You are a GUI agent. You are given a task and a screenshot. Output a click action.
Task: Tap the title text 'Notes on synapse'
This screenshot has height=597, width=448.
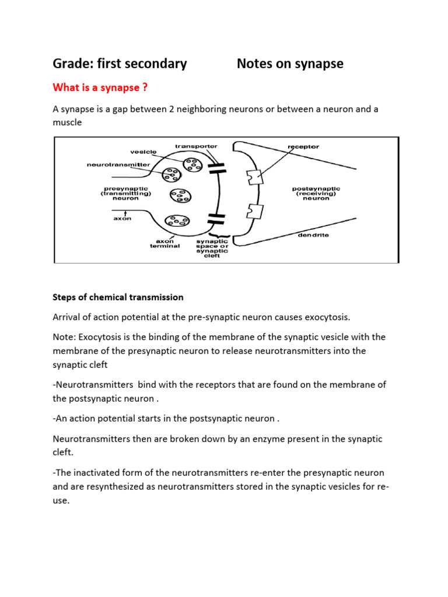point(290,64)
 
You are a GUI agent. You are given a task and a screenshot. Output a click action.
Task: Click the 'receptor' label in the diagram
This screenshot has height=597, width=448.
point(303,146)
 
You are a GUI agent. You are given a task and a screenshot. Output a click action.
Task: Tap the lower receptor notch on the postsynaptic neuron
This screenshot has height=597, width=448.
point(252,209)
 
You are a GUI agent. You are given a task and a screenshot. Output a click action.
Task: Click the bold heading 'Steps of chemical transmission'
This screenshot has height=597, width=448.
point(118,297)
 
